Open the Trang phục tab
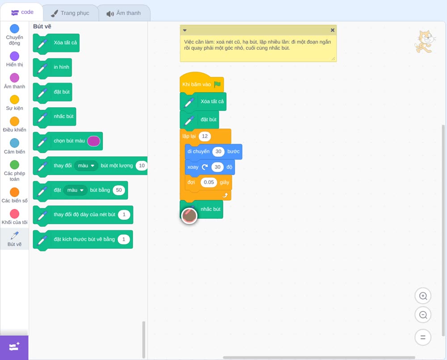(x=70, y=13)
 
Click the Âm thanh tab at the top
(x=124, y=13)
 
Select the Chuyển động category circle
(x=15, y=29)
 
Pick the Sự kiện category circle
(x=15, y=100)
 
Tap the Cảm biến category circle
(x=15, y=143)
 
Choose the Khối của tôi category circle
(x=15, y=213)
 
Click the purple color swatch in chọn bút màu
(x=93, y=141)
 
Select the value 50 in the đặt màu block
(x=119, y=190)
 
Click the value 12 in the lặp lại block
(x=205, y=136)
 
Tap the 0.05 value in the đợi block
(x=209, y=182)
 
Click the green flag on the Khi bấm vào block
(x=218, y=84)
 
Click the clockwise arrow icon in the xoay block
(x=205, y=167)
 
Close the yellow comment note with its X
(x=333, y=30)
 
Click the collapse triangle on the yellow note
(x=185, y=30)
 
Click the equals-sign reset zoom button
(x=423, y=337)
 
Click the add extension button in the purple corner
(x=14, y=347)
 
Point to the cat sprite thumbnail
(x=425, y=42)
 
